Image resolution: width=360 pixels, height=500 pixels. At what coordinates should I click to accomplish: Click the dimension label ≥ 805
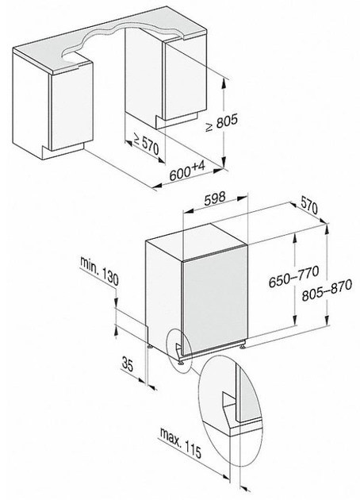pyautogui.click(x=222, y=123)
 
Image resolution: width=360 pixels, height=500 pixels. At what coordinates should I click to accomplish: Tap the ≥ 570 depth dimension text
pyautogui.click(x=146, y=144)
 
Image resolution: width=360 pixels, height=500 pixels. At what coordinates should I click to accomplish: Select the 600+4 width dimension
pyautogui.click(x=187, y=171)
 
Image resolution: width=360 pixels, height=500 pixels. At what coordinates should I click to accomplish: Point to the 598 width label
pyautogui.click(x=214, y=198)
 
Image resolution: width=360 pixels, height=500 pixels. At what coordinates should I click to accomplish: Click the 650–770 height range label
pyautogui.click(x=293, y=276)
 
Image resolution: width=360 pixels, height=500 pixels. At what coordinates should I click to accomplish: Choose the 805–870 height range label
pyautogui.click(x=327, y=290)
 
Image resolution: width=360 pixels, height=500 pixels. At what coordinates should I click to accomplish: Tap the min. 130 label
pyautogui.click(x=99, y=271)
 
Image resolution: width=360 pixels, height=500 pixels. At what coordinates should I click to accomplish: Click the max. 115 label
pyautogui.click(x=181, y=443)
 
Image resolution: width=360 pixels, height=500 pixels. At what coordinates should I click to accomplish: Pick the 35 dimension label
pyautogui.click(x=128, y=364)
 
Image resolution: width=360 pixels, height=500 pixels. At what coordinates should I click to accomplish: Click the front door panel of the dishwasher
pyautogui.click(x=214, y=300)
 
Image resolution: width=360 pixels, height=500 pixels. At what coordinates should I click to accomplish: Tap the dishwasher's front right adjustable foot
pyautogui.click(x=243, y=345)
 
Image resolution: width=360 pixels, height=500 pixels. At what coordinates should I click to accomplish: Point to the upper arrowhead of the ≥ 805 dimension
pyautogui.click(x=224, y=83)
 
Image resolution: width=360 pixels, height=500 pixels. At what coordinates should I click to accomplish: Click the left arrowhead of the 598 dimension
pyautogui.click(x=188, y=211)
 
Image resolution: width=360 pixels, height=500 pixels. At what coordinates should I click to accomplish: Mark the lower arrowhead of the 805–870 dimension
pyautogui.click(x=327, y=320)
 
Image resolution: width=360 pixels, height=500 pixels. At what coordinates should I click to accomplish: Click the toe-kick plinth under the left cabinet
pyautogui.click(x=63, y=152)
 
